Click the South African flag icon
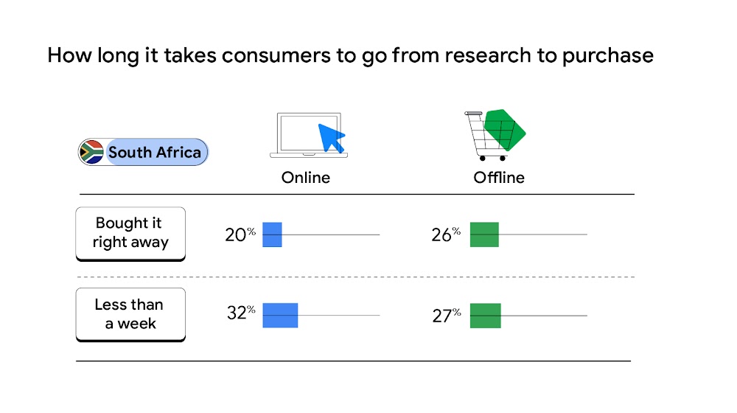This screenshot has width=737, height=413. pyautogui.click(x=91, y=153)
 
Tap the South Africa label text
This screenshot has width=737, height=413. pyautogui.click(x=155, y=153)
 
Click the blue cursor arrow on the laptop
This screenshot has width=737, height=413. pyautogui.click(x=331, y=137)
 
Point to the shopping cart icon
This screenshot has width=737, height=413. pyautogui.click(x=486, y=136)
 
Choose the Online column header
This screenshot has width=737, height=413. pyautogui.click(x=306, y=178)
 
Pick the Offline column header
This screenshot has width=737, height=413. pyautogui.click(x=499, y=178)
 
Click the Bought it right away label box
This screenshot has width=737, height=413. pyautogui.click(x=130, y=232)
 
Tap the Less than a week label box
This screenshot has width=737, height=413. pyautogui.click(x=130, y=313)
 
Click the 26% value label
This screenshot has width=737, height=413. pyautogui.click(x=445, y=235)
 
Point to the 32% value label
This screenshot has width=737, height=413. pyautogui.click(x=240, y=313)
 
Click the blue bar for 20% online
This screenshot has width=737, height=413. pyautogui.click(x=273, y=235)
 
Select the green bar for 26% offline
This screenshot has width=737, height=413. pyautogui.click(x=484, y=235)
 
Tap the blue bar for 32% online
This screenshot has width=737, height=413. pyautogui.click(x=280, y=315)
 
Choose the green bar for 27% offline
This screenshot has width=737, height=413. pyautogui.click(x=485, y=316)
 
